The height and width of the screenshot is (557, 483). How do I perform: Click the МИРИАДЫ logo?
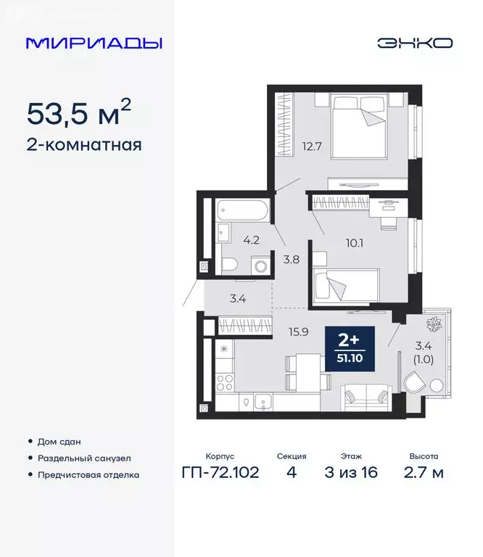[x=94, y=43]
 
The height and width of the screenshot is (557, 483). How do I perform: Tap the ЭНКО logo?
[x=415, y=43]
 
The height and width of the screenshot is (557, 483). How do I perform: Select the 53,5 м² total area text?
[x=79, y=113]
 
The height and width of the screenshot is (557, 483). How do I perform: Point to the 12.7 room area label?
[x=311, y=144]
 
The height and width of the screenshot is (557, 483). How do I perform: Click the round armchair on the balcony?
[x=419, y=383]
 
